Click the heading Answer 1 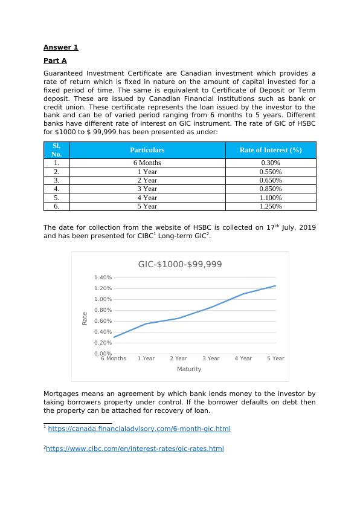pos(60,47)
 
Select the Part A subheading pos(55,60)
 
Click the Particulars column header pos(147,150)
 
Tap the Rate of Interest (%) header pos(270,150)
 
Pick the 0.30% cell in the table pos(270,163)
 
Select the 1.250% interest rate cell pos(270,206)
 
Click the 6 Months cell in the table pos(147,163)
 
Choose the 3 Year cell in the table pos(147,189)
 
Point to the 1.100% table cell pos(270,198)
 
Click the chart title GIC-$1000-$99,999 pos(180,264)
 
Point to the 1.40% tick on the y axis pos(103,277)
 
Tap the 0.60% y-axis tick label pos(103,321)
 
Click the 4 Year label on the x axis pos(243,358)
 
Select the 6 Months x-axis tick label pos(114,358)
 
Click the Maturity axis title pos(189,369)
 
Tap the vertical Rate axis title pos(85,317)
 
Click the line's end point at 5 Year pos(275,286)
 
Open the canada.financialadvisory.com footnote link pos(139,429)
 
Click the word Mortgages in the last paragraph pos(60,394)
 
